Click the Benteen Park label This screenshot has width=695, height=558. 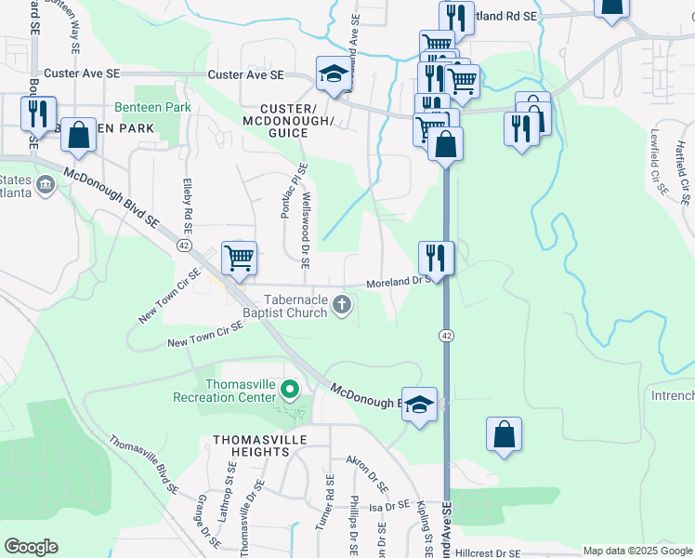[152, 108]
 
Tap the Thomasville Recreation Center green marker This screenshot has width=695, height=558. [290, 389]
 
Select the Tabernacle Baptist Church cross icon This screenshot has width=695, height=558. [342, 303]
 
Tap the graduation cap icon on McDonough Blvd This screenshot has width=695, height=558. [419, 404]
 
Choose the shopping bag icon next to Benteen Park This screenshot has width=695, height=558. [79, 135]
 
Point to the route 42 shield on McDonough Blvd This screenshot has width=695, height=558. [184, 245]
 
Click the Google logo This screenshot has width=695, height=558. [31, 547]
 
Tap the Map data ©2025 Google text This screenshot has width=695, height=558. [637, 551]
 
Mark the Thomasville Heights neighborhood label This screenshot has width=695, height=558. [251, 445]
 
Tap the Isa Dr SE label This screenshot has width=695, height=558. [389, 507]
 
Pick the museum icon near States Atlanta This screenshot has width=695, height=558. [44, 186]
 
